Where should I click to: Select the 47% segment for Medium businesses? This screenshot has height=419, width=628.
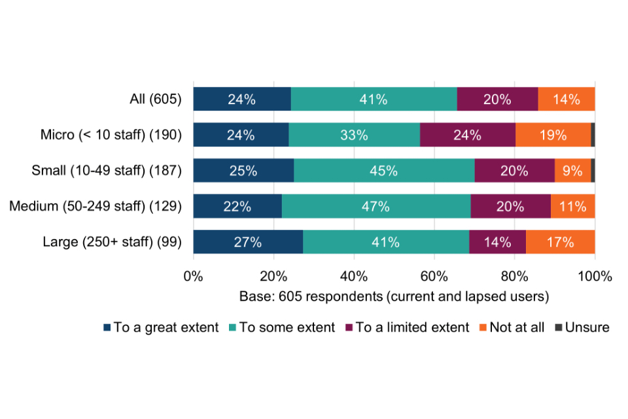click(376, 206)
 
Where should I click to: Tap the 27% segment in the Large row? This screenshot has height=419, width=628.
click(248, 242)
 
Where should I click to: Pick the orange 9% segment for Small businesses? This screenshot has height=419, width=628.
click(572, 171)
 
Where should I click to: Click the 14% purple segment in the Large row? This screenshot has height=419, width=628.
click(497, 242)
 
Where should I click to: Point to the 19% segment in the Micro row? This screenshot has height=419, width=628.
click(553, 135)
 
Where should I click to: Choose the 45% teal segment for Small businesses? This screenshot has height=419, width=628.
click(384, 171)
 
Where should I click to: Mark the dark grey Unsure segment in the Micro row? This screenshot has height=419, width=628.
click(593, 135)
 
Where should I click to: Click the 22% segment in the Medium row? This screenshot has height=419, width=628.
click(237, 206)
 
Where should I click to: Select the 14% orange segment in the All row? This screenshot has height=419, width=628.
click(567, 100)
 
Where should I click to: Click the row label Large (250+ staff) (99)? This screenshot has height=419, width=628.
click(112, 242)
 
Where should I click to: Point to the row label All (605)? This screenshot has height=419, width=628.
click(155, 100)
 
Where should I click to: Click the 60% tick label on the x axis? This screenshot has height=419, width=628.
click(434, 276)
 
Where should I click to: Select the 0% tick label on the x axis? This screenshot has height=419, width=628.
click(193, 276)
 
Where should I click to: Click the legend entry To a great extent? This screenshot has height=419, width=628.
click(160, 327)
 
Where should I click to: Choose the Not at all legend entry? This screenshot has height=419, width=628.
click(514, 327)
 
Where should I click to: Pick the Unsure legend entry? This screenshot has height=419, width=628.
click(582, 327)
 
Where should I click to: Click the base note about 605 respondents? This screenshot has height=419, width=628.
click(394, 296)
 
